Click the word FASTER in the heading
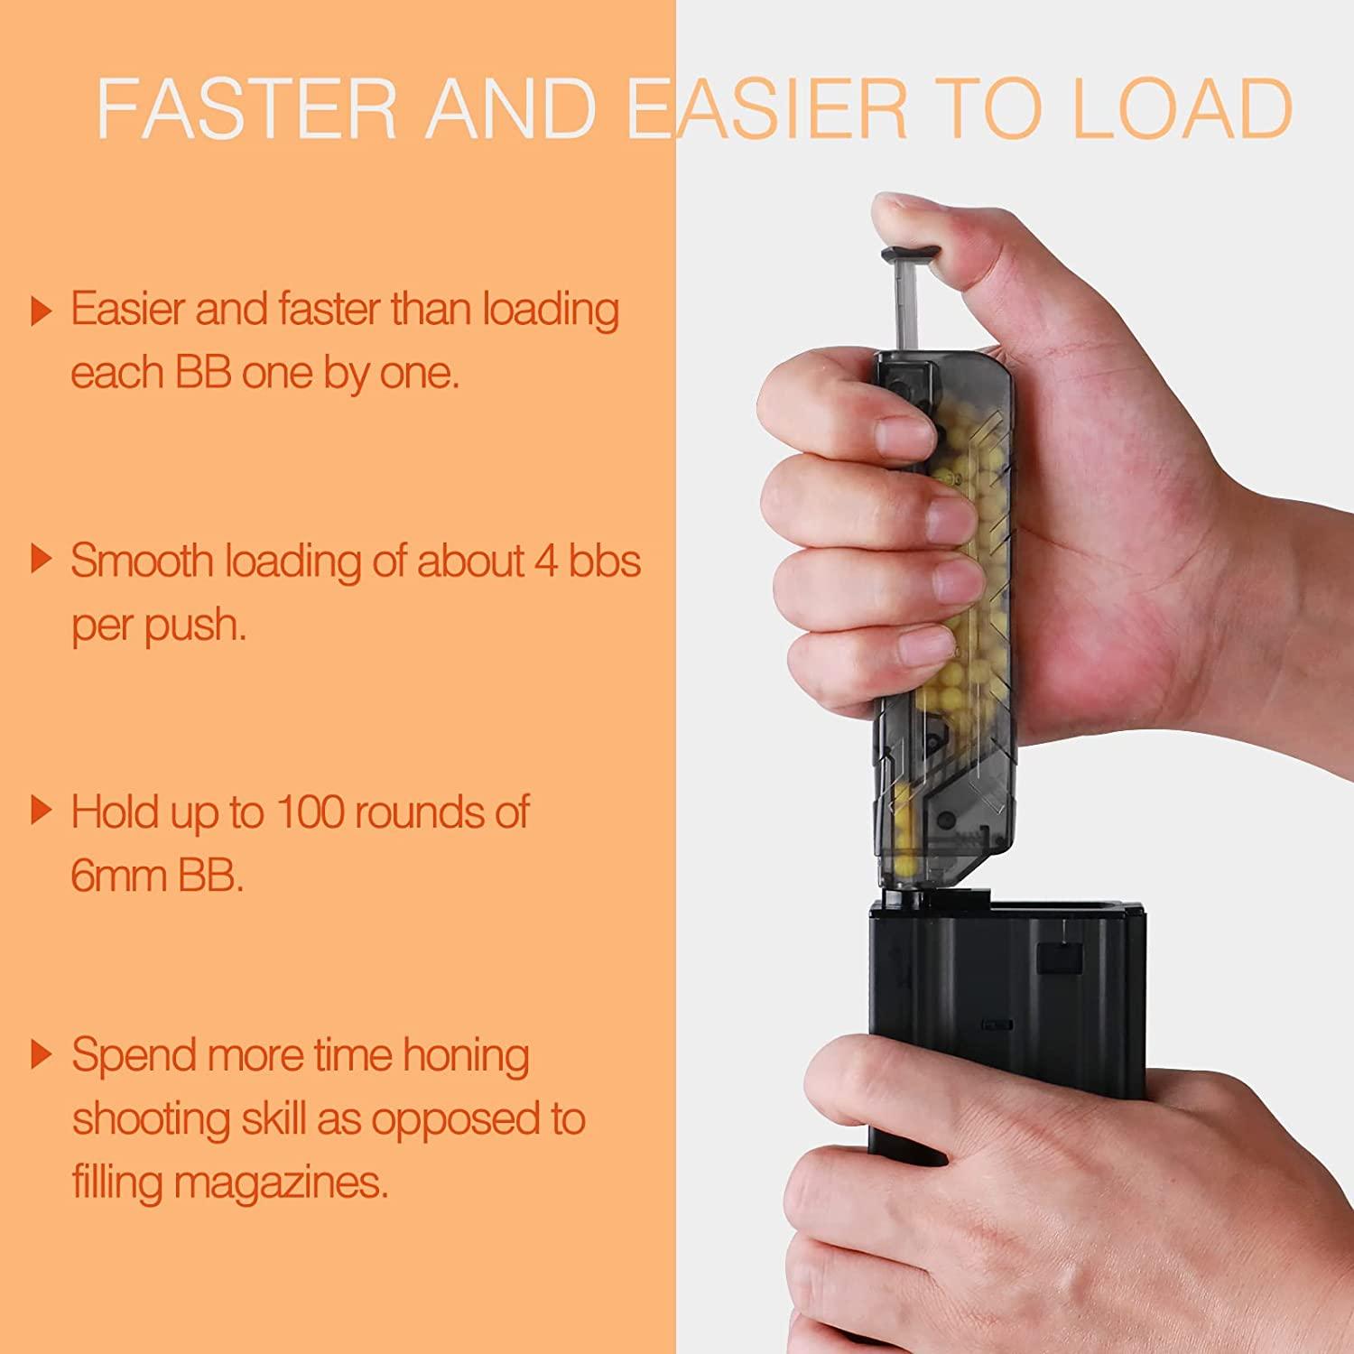tap(246, 108)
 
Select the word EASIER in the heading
tap(767, 108)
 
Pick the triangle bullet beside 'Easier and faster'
tap(41, 311)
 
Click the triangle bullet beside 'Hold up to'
tap(41, 811)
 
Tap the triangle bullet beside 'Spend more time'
tap(41, 1053)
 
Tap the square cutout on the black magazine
tap(1059, 957)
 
